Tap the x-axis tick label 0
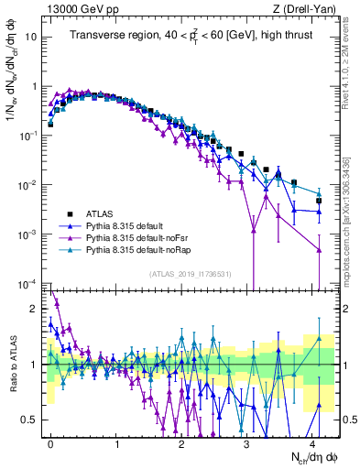pos(51,441)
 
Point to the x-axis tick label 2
pos(181,441)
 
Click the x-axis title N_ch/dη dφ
pos(312,457)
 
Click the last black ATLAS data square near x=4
pos(319,201)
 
